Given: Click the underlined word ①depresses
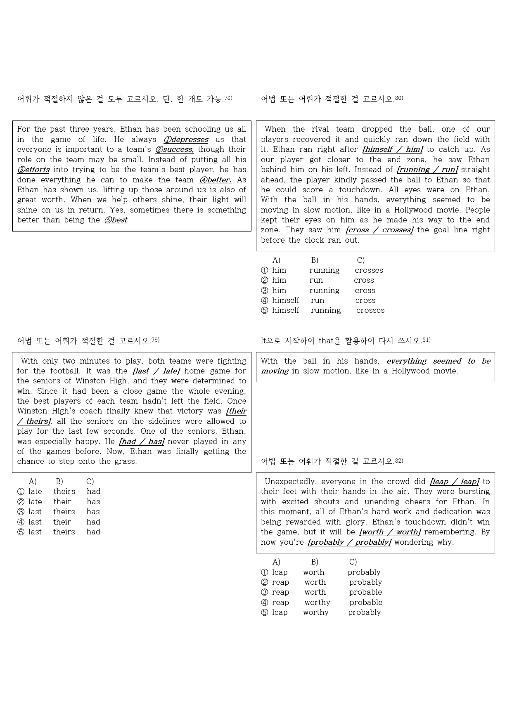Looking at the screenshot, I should pos(186,139).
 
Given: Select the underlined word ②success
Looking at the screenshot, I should pos(174,149).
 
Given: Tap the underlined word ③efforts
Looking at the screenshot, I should pos(33,170).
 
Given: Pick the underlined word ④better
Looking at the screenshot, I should pos(215,180).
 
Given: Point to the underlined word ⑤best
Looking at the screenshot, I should pos(116,220).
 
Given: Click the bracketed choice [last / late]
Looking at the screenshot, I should pos(156,371).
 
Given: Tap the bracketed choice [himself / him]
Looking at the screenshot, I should pos(393,149).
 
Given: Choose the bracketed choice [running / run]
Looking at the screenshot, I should pos(427,170).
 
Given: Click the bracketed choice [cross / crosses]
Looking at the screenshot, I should pos(379,230).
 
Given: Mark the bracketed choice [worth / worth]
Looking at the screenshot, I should pos(390,532).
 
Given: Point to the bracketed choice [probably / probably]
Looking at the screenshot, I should pos(349,542).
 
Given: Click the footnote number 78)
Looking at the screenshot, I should pos(228,98).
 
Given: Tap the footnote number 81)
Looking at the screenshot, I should pos(427,340).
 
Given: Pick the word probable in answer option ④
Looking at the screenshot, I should pos(366,602).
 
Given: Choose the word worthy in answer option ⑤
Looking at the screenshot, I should pos(316,612).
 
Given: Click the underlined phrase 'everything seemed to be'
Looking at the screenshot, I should pos(438,361).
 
